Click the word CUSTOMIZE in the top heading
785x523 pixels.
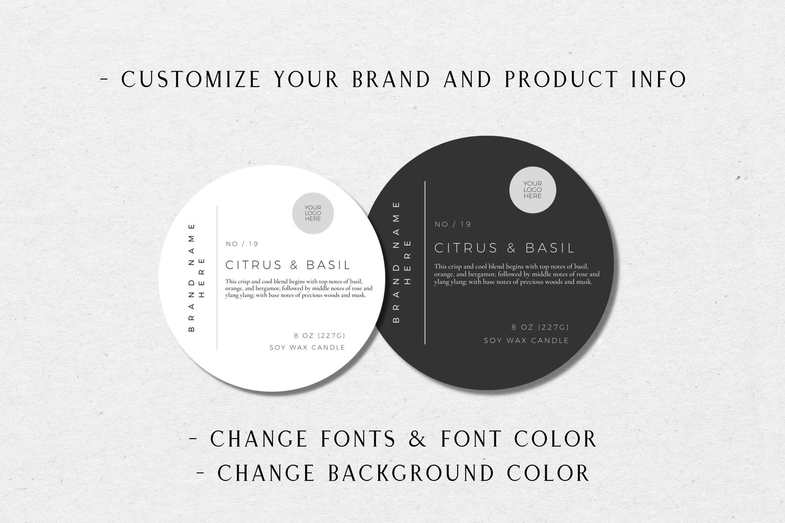point(191,79)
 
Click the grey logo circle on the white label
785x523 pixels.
point(313,213)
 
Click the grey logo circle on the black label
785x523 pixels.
point(532,190)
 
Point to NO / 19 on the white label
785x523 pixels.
point(242,244)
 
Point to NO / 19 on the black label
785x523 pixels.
point(453,225)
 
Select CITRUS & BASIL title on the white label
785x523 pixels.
point(288,265)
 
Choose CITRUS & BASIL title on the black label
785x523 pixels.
point(504,248)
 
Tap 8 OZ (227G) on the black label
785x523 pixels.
point(540,327)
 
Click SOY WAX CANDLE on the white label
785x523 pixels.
point(307,348)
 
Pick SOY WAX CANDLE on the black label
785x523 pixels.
point(526,341)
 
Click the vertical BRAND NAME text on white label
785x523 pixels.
point(192,278)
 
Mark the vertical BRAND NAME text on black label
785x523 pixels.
point(396,262)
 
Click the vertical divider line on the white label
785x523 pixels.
point(217,278)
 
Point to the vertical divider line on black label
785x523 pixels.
point(425,262)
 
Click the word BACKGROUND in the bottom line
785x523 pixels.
point(411,473)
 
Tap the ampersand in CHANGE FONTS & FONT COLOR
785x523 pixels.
point(418,439)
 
